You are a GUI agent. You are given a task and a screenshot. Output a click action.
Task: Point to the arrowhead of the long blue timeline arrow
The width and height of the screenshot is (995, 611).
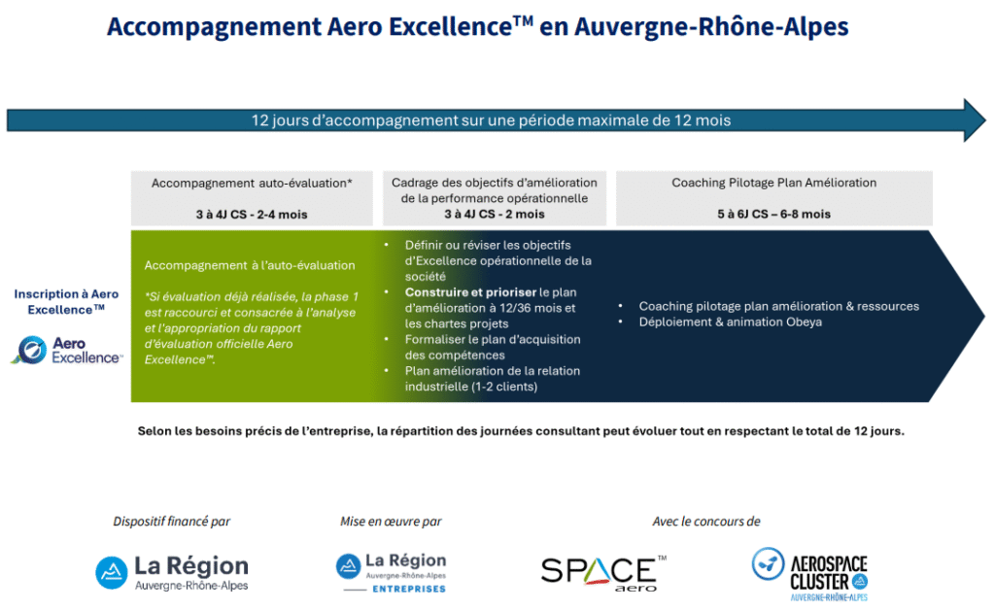(975, 119)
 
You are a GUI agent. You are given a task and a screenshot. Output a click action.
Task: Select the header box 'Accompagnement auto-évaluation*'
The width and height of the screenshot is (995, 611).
(252, 198)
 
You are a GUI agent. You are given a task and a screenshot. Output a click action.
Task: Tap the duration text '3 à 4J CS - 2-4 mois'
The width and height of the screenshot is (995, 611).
(252, 215)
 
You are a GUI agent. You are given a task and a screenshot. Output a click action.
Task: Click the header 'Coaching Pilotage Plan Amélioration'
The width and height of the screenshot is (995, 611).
(774, 183)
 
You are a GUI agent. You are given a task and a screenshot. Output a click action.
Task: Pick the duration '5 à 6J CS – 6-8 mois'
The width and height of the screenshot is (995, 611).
(774, 215)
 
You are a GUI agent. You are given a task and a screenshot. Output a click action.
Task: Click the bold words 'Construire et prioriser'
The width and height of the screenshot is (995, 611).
(471, 292)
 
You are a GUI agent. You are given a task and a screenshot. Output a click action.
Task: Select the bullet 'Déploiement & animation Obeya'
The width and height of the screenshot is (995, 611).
(731, 322)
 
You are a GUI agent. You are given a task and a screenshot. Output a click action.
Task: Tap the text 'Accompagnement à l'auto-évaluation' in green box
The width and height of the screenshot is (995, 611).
(250, 265)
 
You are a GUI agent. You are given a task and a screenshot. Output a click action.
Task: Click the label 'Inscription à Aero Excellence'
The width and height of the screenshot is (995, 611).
(66, 302)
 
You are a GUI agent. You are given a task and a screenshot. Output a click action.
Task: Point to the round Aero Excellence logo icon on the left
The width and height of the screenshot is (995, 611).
(31, 350)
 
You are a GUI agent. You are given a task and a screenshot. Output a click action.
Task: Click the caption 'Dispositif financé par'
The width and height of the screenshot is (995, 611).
(171, 522)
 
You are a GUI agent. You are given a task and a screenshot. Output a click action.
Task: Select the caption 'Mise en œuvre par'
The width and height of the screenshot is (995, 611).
(391, 522)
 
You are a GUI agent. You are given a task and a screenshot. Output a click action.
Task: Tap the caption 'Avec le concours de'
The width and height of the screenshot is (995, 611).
(706, 522)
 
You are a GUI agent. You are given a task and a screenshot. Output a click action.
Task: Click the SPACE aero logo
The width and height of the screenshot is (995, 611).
(603, 573)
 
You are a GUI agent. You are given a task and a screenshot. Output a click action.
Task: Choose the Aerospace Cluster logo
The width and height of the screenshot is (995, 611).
(810, 574)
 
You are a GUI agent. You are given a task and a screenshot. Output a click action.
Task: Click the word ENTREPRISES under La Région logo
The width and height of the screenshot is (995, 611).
(409, 589)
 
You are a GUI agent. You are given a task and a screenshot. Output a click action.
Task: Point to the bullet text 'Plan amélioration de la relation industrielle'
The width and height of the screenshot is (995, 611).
(493, 379)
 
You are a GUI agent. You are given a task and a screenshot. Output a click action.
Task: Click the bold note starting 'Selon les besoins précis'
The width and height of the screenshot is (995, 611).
(521, 431)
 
